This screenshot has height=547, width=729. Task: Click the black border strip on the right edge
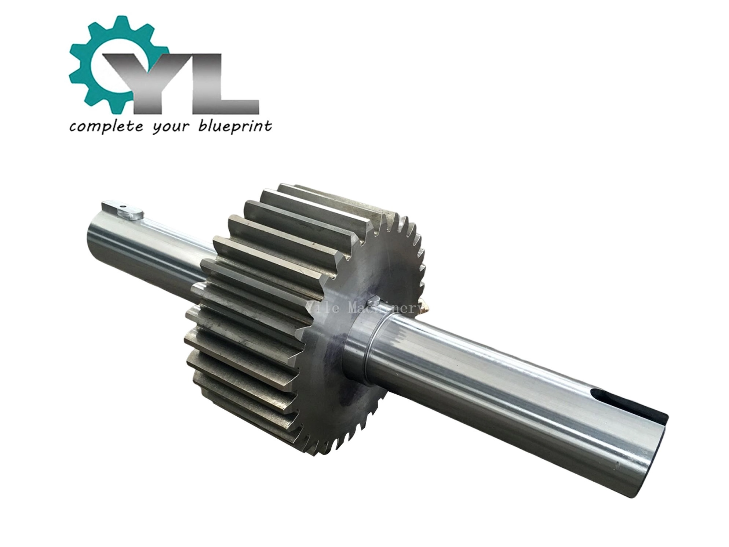click(705, 273)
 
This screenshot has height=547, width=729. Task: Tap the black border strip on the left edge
click(21, 273)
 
